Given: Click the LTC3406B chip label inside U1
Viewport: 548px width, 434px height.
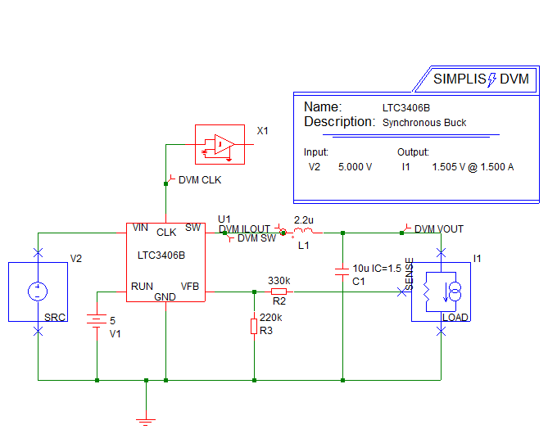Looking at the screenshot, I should (x=161, y=255).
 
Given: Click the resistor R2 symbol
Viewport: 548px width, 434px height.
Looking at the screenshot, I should (x=279, y=291).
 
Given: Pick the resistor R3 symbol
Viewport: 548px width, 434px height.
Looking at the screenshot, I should (x=255, y=327).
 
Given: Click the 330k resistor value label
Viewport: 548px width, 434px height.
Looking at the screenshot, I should (x=279, y=280).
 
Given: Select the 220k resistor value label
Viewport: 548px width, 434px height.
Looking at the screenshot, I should (x=270, y=317).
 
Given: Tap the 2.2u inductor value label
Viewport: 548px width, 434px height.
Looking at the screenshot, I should (x=304, y=221).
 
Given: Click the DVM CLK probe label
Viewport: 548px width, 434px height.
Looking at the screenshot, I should (x=200, y=180).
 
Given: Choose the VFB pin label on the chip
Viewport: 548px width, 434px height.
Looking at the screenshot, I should (x=190, y=287).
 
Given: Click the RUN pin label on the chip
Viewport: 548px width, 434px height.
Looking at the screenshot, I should (x=141, y=287).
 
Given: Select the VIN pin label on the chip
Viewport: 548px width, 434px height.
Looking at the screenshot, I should (x=140, y=228).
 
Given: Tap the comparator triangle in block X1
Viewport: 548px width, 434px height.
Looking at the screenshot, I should (x=223, y=145).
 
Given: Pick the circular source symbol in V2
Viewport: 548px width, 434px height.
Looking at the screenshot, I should (x=37, y=291).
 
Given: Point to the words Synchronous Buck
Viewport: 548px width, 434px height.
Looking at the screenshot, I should (x=424, y=123).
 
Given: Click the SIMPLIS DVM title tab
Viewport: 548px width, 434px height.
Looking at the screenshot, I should (x=482, y=79).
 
